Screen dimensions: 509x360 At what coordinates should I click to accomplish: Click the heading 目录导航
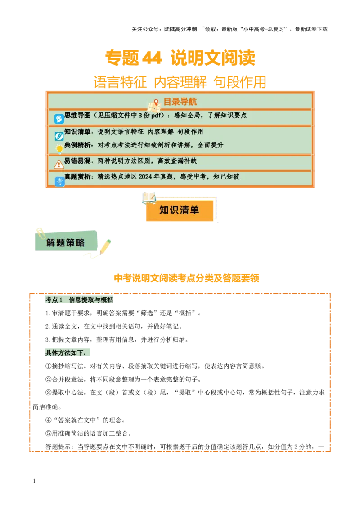180,102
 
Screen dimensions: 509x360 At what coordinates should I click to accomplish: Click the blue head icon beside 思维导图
59,119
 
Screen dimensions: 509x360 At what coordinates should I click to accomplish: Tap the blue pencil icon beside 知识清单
59,136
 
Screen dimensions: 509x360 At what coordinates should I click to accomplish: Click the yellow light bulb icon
59,149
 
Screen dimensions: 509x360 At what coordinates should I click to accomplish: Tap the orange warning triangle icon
59,165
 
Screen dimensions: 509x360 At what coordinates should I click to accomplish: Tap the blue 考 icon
59,182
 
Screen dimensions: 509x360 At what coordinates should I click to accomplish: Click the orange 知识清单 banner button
180,210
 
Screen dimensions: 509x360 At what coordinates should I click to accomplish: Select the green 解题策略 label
66,243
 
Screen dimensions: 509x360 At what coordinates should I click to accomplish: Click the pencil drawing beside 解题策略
105,246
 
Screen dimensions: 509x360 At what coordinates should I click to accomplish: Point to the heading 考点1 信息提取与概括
79,300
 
